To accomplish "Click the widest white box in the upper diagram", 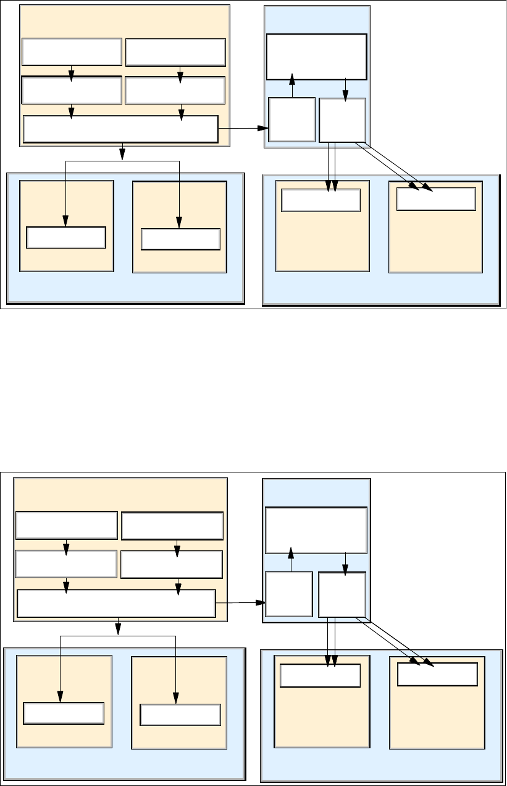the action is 120,129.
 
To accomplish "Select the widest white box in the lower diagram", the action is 116,604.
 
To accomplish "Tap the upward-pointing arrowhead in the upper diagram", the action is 292,79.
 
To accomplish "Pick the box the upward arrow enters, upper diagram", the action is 316,57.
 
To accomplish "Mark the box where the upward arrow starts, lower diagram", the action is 288,594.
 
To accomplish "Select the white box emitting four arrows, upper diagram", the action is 343,119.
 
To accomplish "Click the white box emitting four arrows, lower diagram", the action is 341,594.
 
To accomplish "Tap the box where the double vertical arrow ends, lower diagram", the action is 320,675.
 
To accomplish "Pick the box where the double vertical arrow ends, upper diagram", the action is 321,200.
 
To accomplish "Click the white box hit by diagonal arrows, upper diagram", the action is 436,199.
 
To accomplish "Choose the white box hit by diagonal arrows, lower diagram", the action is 437,674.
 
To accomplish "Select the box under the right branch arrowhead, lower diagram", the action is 180,714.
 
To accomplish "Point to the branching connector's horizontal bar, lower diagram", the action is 118,636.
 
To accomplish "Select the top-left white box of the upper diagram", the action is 71,52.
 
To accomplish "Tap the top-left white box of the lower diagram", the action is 66,526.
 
